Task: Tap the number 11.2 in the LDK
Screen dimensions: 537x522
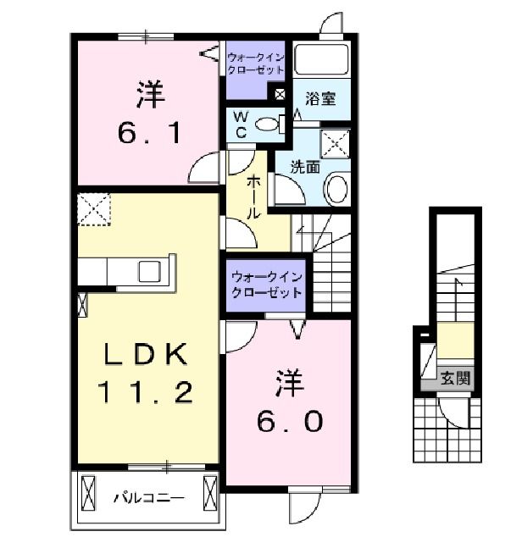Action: tap(146, 391)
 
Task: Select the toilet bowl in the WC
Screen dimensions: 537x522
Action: tap(268, 124)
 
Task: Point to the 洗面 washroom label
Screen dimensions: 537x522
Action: tap(306, 167)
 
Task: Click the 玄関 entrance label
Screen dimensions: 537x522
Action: tap(454, 378)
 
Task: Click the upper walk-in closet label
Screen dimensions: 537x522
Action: tap(257, 64)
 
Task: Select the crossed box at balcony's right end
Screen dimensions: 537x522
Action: tap(210, 491)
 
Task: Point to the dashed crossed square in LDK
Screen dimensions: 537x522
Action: tap(93, 208)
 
